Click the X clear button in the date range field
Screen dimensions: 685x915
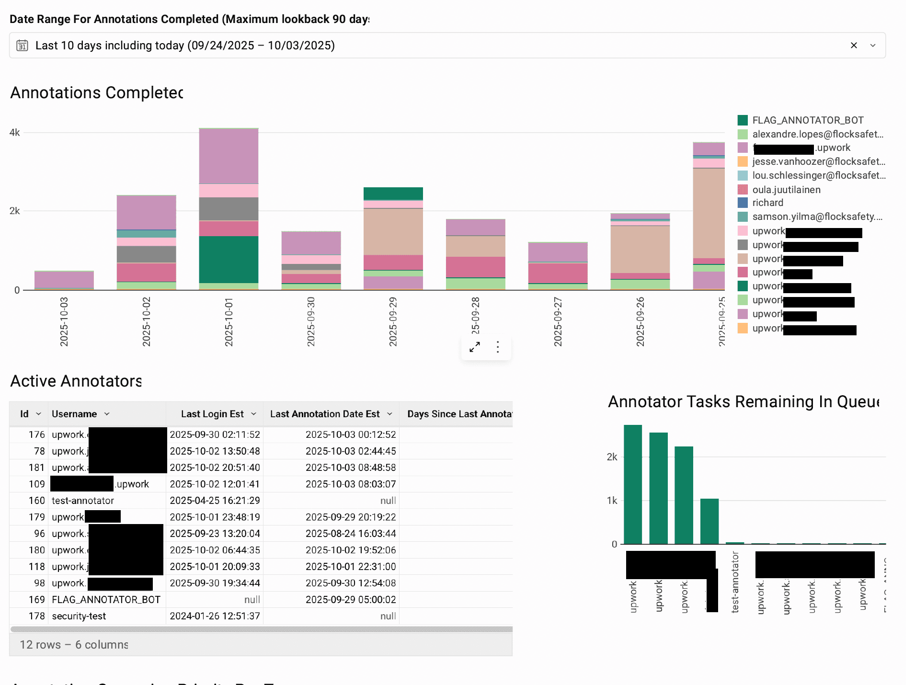coord(854,46)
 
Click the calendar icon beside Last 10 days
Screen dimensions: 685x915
coord(22,46)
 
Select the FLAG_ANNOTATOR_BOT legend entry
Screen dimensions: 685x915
coord(807,120)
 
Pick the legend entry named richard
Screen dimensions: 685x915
coord(767,203)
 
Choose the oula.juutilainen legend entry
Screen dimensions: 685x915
coord(786,190)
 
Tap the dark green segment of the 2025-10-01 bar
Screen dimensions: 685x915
coord(229,260)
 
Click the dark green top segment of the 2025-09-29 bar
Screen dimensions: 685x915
coord(393,193)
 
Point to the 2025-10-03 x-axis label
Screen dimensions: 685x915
coord(64,321)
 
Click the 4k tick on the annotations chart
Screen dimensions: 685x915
coord(14,132)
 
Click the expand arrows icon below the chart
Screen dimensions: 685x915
coord(475,347)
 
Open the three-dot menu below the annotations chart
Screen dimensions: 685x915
coord(498,347)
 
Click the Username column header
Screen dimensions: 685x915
coord(74,414)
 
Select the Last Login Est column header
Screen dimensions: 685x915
coord(212,414)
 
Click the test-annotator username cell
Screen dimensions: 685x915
coord(83,501)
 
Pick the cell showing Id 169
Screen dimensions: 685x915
coord(36,600)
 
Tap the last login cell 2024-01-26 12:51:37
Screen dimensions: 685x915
coord(215,616)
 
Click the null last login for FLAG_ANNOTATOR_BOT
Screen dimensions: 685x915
coord(252,600)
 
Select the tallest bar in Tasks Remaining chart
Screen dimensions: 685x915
coord(633,484)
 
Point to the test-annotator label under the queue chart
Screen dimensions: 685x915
coord(735,582)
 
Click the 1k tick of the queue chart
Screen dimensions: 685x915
coord(612,501)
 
